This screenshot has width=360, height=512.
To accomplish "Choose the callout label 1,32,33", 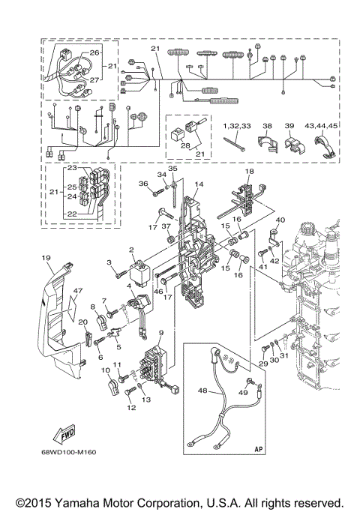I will tap(236, 127).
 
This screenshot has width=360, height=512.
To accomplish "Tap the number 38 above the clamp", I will tap(267, 127).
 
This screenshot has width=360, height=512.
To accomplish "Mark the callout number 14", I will tap(199, 184).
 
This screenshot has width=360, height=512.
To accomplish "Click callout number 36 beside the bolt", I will tap(142, 184).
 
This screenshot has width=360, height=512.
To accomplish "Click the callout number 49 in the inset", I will tap(243, 392).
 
